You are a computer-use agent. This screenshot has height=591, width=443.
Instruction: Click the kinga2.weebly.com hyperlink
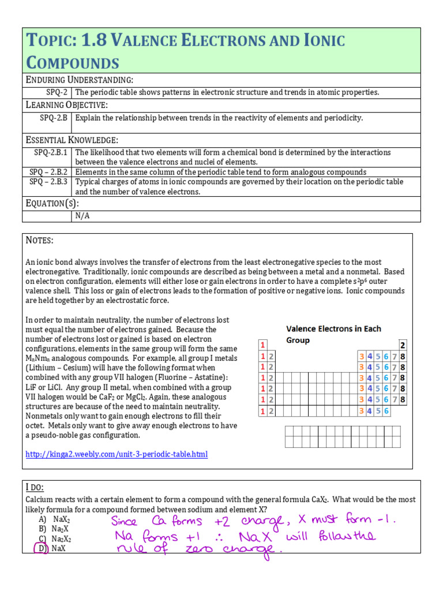[x=116, y=455]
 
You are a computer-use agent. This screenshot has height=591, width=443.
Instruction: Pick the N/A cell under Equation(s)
[x=82, y=216]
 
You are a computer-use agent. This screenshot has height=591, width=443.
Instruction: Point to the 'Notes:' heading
[x=40, y=240]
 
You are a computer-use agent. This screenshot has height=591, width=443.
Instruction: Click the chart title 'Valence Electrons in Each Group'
[x=333, y=334]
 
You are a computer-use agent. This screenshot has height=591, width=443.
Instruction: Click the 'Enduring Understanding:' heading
[x=80, y=79]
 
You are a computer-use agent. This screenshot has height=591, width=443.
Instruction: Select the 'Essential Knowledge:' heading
[x=72, y=140]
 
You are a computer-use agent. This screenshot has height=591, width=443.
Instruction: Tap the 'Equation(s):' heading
[x=53, y=203]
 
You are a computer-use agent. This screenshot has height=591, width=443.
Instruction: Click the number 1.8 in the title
[x=95, y=41]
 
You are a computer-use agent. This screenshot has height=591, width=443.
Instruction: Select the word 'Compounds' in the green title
[x=73, y=62]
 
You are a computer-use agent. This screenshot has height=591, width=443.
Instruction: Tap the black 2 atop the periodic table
[x=402, y=345]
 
